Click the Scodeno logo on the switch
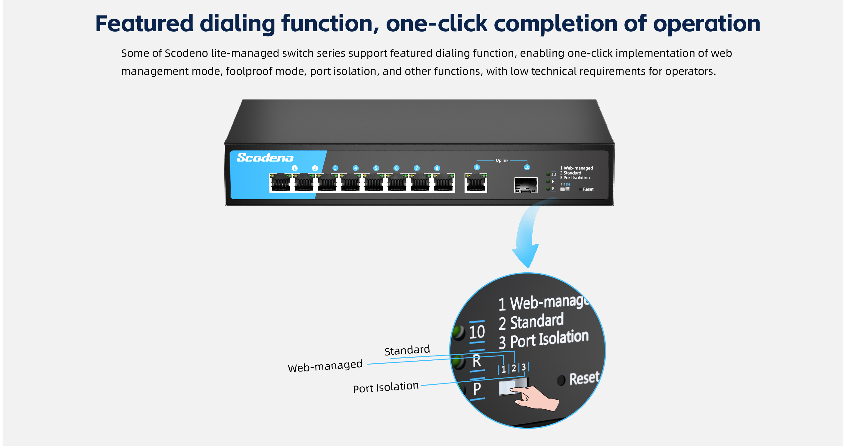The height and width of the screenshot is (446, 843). (265, 158)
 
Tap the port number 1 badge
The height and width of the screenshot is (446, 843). (294, 168)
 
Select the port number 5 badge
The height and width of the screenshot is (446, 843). (376, 168)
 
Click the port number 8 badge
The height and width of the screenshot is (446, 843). (437, 168)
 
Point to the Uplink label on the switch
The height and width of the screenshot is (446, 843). (502, 160)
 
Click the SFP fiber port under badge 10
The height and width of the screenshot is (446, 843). (526, 185)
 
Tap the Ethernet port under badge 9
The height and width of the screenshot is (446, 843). (476, 183)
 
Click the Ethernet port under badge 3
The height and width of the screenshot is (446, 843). (327, 183)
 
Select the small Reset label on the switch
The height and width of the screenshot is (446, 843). (588, 189)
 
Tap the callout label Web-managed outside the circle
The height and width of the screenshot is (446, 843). (325, 366)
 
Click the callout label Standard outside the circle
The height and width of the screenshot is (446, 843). (407, 350)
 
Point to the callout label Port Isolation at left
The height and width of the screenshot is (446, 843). (385, 387)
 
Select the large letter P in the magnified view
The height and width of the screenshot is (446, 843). (477, 389)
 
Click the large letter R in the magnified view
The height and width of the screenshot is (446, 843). (477, 361)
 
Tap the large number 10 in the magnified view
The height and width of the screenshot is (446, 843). (477, 332)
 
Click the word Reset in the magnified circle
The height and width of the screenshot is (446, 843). (584, 378)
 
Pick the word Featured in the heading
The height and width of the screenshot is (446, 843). (144, 23)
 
